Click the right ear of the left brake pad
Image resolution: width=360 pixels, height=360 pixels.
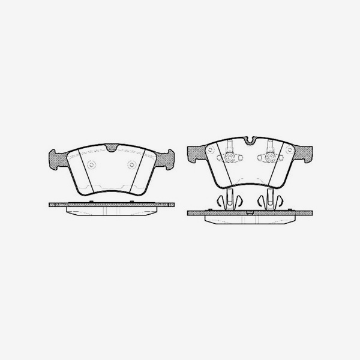point(165,158)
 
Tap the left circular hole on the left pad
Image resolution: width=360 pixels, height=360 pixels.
point(91,166)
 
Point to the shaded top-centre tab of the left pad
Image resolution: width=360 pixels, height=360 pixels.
point(112,148)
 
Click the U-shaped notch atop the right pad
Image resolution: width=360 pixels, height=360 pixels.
point(250,142)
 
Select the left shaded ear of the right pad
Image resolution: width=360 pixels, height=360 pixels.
point(196,155)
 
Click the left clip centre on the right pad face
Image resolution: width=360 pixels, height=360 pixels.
point(230,158)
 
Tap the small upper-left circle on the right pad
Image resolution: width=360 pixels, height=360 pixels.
point(210,149)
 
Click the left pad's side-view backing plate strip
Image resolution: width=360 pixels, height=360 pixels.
point(112,205)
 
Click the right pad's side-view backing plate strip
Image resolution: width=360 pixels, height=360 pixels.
point(250,212)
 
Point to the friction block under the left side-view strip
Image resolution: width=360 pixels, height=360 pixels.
point(112,211)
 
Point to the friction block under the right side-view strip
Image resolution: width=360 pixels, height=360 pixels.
point(250,219)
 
